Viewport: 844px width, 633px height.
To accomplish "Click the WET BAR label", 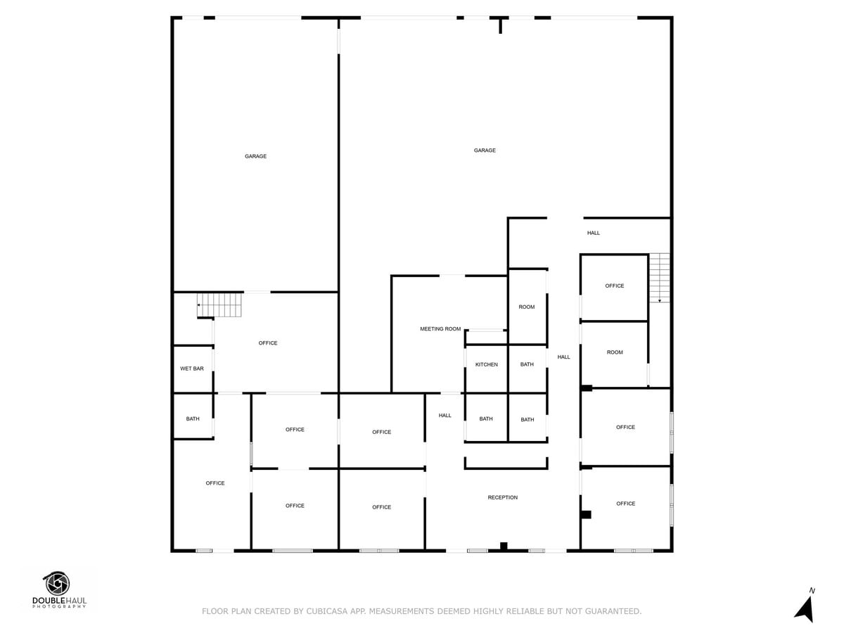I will tap(192, 369).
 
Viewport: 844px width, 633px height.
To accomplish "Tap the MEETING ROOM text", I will tap(440, 329).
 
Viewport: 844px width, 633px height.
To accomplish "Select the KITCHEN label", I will tap(486, 364).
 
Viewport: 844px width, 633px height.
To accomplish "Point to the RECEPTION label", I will tap(502, 498).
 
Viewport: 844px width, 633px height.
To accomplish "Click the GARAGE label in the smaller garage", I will tap(255, 156).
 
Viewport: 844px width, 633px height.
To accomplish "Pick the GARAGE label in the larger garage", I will tap(485, 151).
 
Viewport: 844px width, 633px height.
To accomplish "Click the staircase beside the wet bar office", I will tap(219, 305).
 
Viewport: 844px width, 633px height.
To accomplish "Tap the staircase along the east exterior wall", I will tap(659, 278).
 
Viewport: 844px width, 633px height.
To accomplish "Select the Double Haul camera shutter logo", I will tap(57, 584).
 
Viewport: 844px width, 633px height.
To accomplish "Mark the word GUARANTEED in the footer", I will tap(609, 612).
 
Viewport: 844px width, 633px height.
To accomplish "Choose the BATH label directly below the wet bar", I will tap(193, 419).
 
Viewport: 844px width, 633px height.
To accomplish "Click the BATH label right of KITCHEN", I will tap(527, 364).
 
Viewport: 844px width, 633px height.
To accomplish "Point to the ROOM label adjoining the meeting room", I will tap(527, 307).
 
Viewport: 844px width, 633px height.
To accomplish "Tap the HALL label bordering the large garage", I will tap(594, 233).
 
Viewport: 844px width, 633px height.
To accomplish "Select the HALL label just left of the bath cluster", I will tap(445, 416).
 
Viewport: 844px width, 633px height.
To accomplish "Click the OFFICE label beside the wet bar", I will tap(268, 343).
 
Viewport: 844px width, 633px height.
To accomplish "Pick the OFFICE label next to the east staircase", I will tap(614, 286).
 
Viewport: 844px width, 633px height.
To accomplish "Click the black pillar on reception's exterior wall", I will tap(504, 545).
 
